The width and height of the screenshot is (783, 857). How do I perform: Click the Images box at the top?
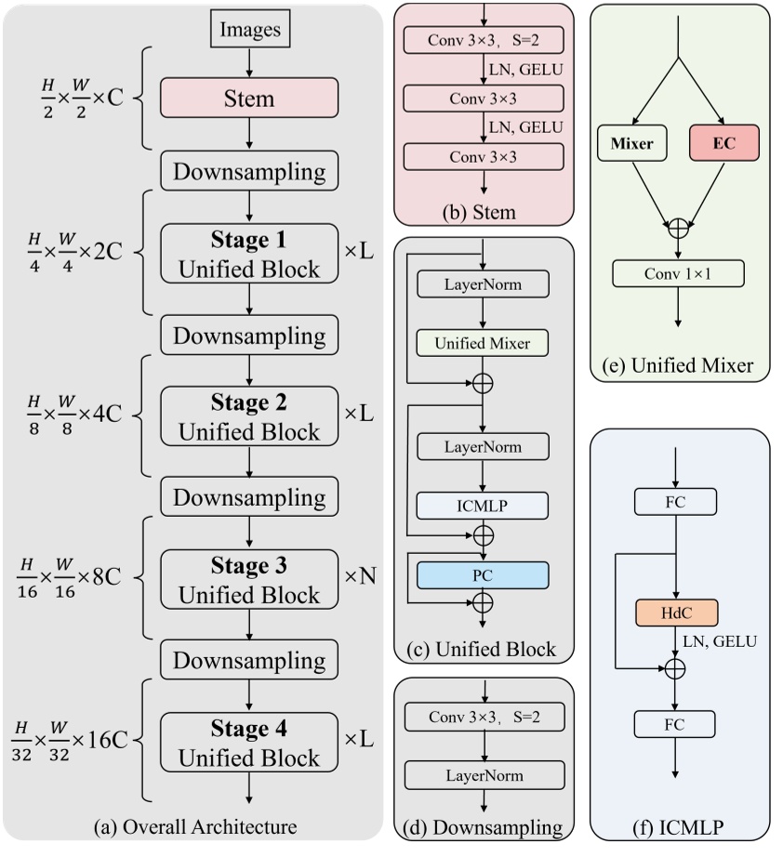249,30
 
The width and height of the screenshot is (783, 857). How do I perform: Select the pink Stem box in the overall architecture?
248,98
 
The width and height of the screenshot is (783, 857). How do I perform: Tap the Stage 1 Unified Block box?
248,254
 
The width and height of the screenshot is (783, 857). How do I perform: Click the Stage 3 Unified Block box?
248,580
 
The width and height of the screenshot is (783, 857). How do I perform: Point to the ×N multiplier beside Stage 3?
360,576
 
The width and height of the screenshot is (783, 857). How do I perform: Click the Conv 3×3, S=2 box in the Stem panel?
484,41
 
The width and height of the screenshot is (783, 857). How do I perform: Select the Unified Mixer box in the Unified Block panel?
483,343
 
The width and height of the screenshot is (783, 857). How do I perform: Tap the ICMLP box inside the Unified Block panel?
483,505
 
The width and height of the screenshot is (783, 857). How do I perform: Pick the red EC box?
724,145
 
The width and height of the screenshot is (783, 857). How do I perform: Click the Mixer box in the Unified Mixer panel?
633,145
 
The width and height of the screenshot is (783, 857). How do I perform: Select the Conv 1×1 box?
679,272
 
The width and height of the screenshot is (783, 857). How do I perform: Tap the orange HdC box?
675,614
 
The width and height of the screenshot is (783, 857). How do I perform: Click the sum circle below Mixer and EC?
679,227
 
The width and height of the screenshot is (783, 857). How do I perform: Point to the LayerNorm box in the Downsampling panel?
483,775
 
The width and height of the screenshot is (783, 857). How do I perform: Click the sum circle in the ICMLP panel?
675,667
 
